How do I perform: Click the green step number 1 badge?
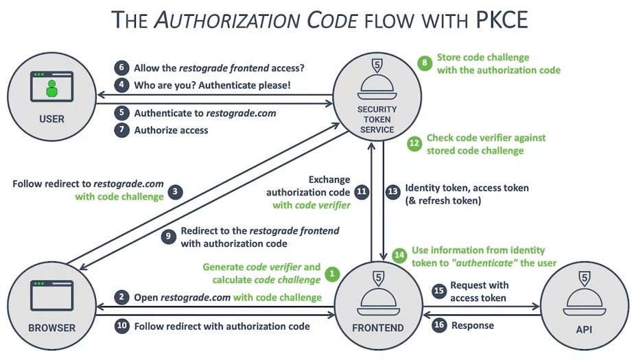coord(332,274)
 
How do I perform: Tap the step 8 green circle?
coord(426,64)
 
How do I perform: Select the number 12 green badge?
coord(414,144)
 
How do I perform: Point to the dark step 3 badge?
coord(176,191)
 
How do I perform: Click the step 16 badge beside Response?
coord(439,326)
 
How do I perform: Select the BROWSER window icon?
coord(51,293)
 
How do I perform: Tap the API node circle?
coord(584,305)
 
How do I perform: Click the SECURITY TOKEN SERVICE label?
coord(377,119)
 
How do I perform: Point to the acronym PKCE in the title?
coord(502,21)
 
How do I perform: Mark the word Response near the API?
coord(473,326)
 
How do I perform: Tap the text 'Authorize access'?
coord(171,130)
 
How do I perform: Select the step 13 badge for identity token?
coord(392,192)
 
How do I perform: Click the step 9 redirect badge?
coord(168,236)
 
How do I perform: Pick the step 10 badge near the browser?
coord(122,326)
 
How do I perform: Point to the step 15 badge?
coord(439,290)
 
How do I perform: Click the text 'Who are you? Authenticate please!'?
coord(212,86)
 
